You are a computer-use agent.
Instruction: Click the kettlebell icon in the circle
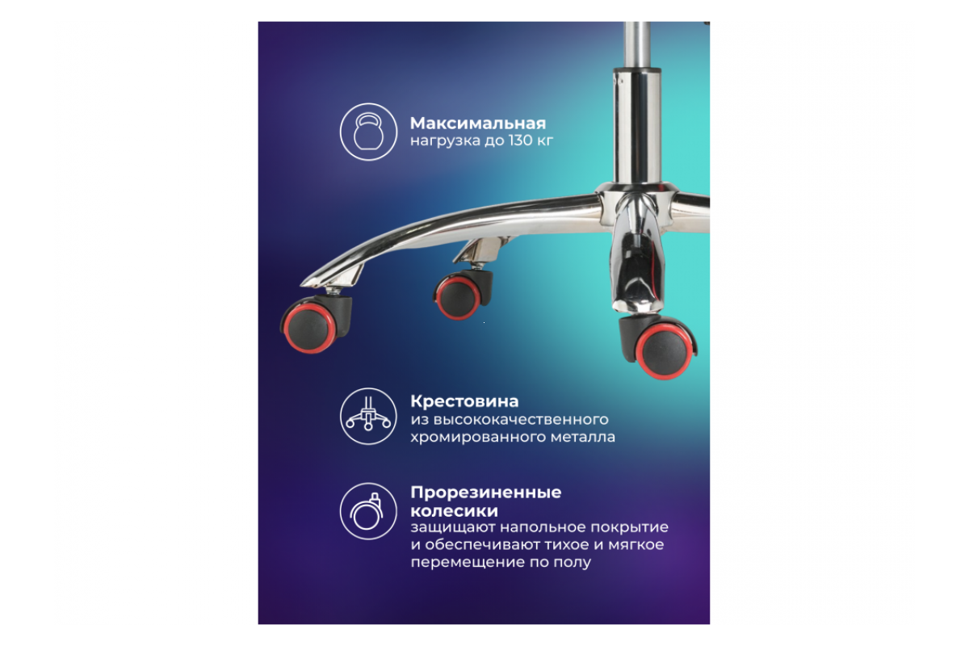(x=368, y=132)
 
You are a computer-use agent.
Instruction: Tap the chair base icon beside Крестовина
(x=368, y=416)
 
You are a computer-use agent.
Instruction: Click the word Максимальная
(x=478, y=124)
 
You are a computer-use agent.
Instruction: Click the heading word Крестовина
(x=464, y=401)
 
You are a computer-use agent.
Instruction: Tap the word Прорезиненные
(x=486, y=493)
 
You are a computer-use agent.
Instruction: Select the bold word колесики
(x=454, y=511)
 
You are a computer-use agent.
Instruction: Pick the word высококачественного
(x=521, y=419)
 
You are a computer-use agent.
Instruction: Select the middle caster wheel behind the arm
(x=463, y=295)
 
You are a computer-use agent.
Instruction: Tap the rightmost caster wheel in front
(x=659, y=346)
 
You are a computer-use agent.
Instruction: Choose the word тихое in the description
(x=566, y=545)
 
